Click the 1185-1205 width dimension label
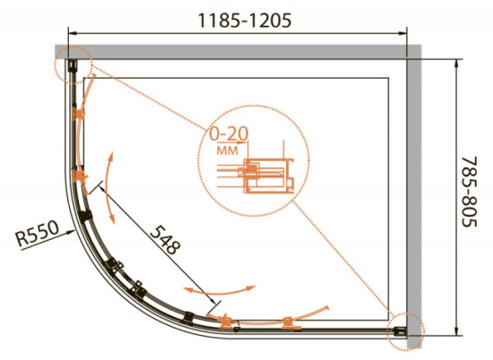point(245,21)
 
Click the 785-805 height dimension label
point(470,192)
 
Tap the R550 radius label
point(38,234)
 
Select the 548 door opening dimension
point(166,240)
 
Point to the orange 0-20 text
point(229,134)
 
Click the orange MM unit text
point(228,150)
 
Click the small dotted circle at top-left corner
point(73,64)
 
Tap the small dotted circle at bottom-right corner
point(406,331)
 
